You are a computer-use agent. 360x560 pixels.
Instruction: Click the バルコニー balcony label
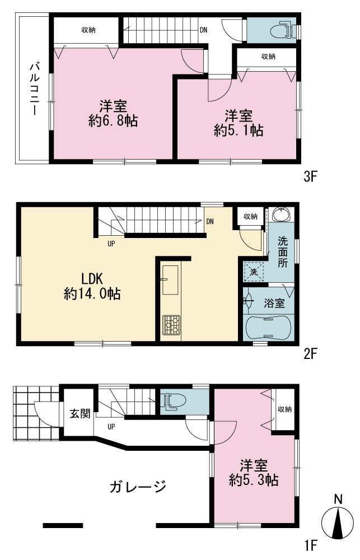tap(34, 88)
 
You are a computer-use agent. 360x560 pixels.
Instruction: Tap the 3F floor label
tap(310, 176)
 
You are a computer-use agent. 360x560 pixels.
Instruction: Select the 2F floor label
tap(310, 353)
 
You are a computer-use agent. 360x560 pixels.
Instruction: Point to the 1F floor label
tap(310, 545)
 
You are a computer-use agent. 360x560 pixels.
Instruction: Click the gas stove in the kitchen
tap(171, 325)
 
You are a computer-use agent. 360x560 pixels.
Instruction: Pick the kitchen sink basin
tap(170, 280)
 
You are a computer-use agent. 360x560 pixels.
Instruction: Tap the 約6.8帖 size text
tap(113, 122)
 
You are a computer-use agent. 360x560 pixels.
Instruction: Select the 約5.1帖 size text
tap(239, 130)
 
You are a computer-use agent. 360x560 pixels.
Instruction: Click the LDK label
tap(92, 278)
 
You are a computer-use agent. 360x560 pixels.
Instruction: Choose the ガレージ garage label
tap(138, 487)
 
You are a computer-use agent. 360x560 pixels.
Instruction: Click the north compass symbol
tap(338, 521)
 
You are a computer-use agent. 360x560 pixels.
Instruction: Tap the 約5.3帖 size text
tap(254, 480)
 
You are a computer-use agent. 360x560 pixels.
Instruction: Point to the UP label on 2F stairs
tap(111, 244)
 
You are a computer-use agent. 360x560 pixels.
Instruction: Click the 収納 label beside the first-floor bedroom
tap(284, 409)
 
